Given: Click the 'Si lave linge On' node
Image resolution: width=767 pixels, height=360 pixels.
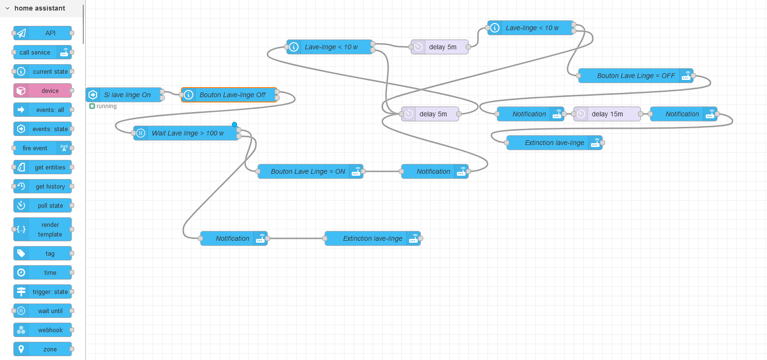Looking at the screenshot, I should point(127,95).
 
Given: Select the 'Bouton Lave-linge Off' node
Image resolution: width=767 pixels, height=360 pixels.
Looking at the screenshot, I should point(232,95).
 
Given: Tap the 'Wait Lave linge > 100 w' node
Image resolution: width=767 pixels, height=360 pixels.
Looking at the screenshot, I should point(188,133).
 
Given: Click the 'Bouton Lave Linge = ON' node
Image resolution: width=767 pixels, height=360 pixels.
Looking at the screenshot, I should point(308,171).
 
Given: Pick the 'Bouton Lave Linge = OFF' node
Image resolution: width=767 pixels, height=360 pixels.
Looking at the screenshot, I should point(635,76).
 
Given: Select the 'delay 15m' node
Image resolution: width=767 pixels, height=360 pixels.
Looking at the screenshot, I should point(607,114).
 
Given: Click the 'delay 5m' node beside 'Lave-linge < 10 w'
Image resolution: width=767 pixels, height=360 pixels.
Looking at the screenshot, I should point(442,47).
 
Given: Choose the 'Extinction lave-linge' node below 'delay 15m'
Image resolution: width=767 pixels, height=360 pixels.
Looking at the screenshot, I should point(554,143).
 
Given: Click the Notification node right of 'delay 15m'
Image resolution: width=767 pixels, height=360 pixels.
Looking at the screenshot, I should point(682,114).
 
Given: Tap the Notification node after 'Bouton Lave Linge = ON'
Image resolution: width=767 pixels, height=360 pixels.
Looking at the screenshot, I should point(433,171).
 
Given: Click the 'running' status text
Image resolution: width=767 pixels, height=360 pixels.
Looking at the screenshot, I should point(106,106).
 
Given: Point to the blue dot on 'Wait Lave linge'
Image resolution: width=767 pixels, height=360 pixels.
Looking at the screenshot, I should point(234,124).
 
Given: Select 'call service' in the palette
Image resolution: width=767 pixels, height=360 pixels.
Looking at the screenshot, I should point(35,52).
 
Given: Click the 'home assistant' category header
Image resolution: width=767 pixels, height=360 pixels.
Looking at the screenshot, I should point(40,8).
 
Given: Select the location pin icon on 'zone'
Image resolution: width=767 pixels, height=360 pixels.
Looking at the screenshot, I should point(21,349).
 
